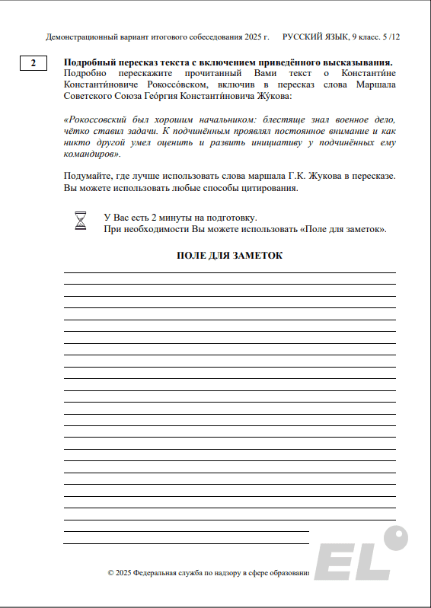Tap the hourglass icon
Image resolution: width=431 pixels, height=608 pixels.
tap(81, 221)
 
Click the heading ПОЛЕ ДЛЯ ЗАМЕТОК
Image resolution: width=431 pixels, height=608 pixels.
tap(229, 256)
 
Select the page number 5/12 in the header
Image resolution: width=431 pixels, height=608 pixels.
tap(394, 37)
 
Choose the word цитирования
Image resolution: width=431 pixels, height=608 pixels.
tap(270, 188)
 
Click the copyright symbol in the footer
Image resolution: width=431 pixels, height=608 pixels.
tap(111, 572)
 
